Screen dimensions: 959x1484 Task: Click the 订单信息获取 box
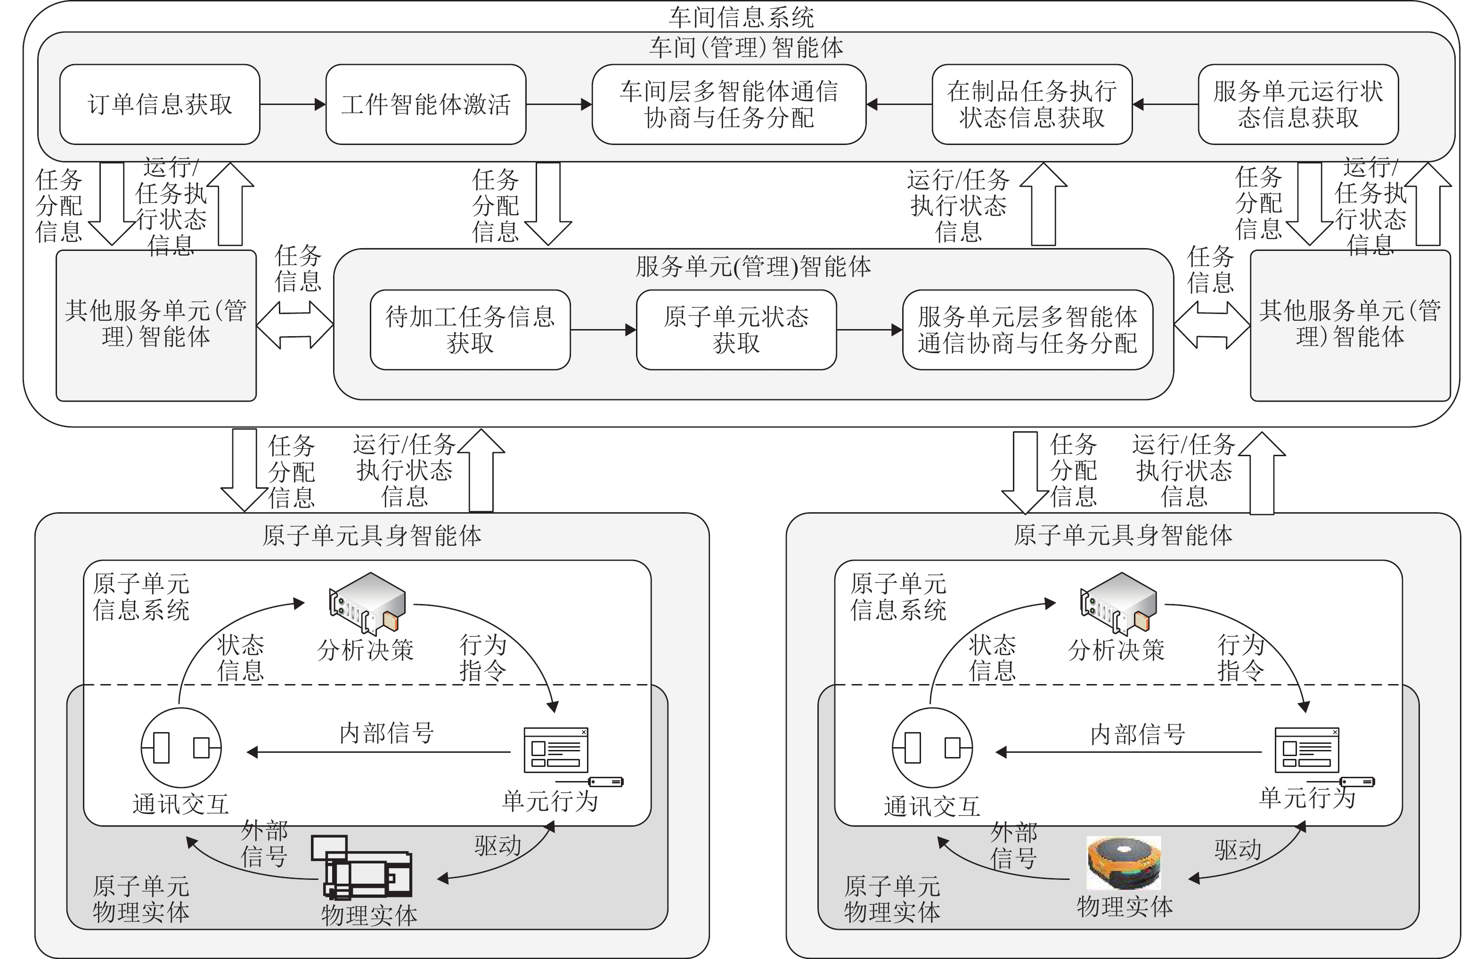(160, 105)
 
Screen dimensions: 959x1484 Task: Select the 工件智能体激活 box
(425, 105)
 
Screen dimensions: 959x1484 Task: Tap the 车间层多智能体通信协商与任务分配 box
(728, 105)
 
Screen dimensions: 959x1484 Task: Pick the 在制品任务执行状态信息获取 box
(1031, 105)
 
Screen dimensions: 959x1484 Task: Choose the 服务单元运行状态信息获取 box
(1298, 105)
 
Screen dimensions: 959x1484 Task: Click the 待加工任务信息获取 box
(470, 330)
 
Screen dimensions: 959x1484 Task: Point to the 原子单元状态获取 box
(736, 330)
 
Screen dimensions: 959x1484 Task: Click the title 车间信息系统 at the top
(742, 17)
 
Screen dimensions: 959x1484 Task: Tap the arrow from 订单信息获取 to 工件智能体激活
(292, 105)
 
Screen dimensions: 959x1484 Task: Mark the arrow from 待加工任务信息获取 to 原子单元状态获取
(603, 330)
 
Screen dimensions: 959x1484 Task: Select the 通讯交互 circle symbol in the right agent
(932, 747)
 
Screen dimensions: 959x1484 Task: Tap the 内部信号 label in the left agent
(386, 733)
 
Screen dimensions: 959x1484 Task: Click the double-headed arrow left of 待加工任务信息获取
(295, 325)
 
